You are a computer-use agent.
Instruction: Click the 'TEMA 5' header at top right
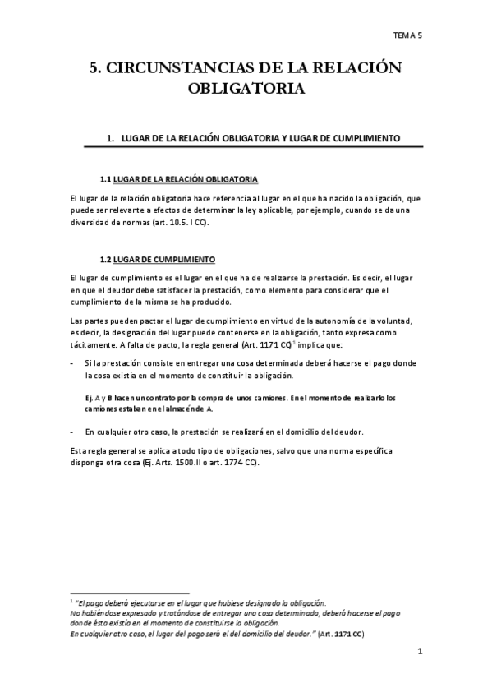point(407,35)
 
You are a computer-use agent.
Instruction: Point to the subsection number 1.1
point(104,178)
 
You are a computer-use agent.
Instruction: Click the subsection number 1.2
point(104,260)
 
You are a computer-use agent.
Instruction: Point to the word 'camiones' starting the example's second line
point(102,409)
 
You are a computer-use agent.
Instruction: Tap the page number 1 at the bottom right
point(419,653)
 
